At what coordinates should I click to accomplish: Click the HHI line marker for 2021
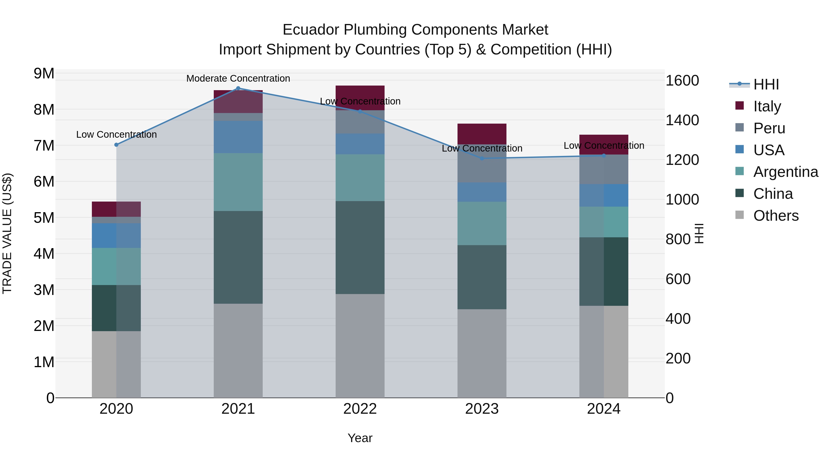coord(238,88)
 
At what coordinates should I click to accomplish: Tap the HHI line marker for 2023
coord(482,158)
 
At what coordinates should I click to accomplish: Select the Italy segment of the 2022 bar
coord(360,98)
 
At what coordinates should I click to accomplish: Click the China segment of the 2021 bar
coord(238,257)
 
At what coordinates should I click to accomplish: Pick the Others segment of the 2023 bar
coord(482,353)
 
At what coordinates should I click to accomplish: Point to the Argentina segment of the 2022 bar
coord(360,178)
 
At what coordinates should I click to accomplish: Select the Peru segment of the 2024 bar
coord(604,169)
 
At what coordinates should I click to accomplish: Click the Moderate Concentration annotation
coord(238,78)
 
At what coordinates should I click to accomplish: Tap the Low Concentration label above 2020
coord(117,134)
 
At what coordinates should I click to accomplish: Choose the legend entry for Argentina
coord(786,172)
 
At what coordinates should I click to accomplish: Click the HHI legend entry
coord(766,84)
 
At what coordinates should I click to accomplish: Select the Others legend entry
coord(776,216)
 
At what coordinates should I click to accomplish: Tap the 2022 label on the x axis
coord(360,409)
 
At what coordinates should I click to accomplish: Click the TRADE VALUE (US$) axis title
coord(7,233)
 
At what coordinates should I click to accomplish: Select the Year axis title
coord(360,438)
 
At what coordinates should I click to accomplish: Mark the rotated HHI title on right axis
coord(699,233)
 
